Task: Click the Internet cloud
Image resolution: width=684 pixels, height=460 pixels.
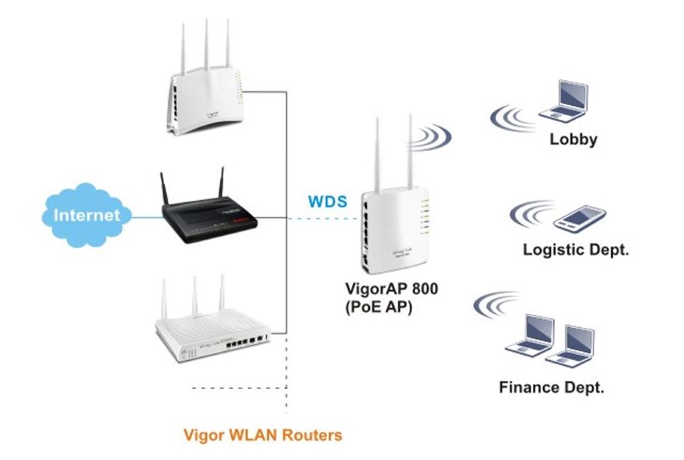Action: [x=87, y=215]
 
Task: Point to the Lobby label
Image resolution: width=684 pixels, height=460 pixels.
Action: [x=572, y=139]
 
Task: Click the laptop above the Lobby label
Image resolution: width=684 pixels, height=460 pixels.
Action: [x=564, y=101]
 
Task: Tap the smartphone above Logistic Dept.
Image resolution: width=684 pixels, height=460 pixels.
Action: [x=580, y=218]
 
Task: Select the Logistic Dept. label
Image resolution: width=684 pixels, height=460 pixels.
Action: [x=575, y=250]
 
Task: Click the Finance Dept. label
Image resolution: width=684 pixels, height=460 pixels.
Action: [x=551, y=387]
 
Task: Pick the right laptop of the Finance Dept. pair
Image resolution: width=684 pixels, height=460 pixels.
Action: [x=570, y=345]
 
